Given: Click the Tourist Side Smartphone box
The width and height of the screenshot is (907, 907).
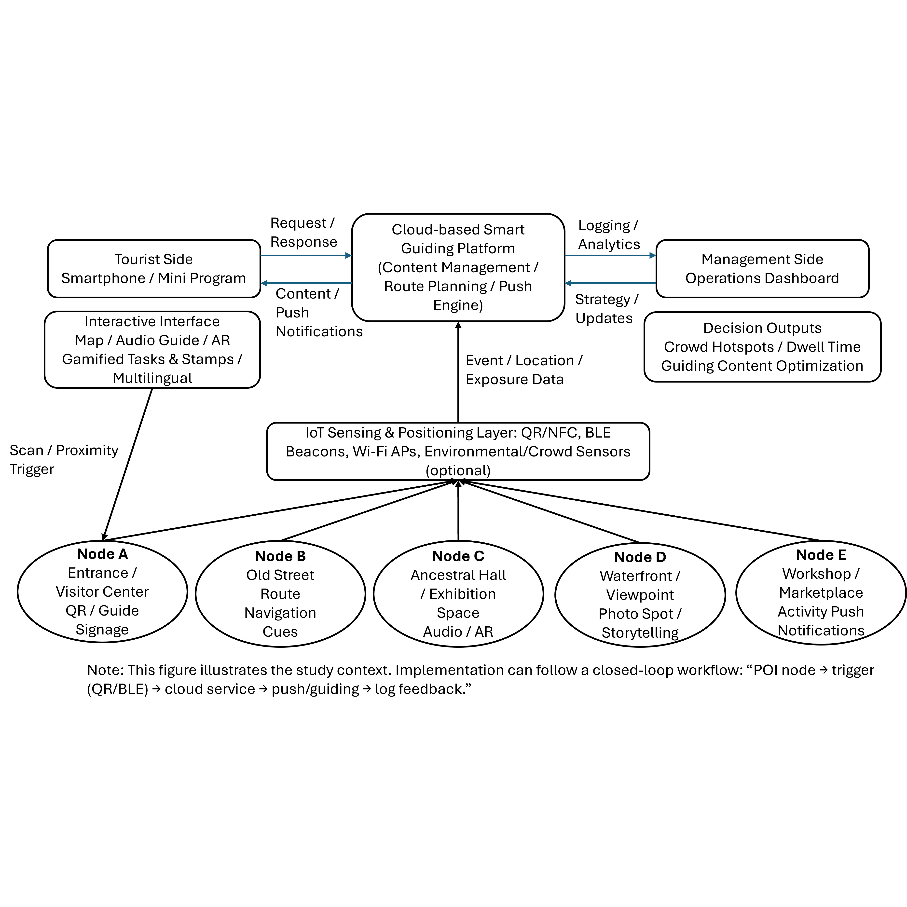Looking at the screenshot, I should (153, 269).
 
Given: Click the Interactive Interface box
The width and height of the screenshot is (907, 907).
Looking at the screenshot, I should (152, 349).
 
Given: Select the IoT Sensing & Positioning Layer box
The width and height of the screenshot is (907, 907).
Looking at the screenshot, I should (458, 451).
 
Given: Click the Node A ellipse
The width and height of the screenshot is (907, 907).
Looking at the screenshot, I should (102, 591).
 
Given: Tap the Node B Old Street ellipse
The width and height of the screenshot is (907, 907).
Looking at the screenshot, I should (280, 594).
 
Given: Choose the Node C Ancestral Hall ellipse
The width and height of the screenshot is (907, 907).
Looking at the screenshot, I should (458, 594).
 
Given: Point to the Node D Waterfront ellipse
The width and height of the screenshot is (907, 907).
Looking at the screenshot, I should (640, 595).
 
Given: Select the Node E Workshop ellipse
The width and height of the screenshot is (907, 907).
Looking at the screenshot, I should (821, 592).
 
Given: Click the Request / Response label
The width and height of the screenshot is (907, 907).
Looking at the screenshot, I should (303, 232).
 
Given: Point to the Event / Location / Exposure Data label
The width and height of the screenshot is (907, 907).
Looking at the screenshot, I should (523, 370).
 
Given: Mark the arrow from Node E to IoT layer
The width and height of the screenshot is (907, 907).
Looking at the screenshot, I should (638, 510).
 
